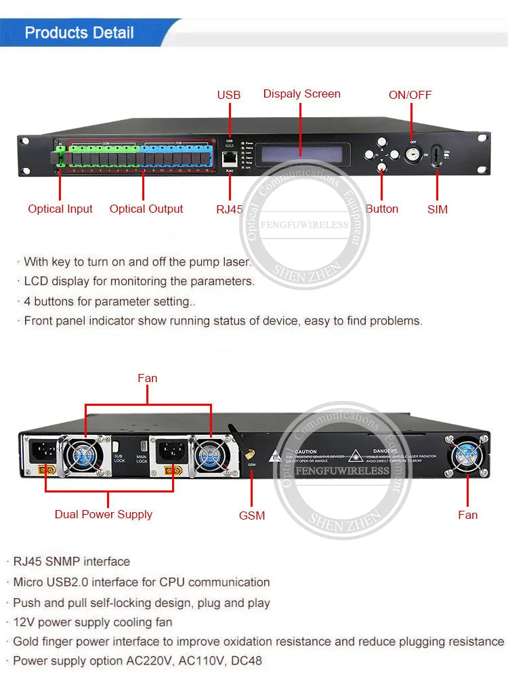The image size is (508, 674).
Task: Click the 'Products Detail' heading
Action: pyautogui.click(x=79, y=33)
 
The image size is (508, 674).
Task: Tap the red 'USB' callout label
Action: pyautogui.click(x=228, y=95)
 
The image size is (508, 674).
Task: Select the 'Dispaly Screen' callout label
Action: pyautogui.click(x=301, y=93)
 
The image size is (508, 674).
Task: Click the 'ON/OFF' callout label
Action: pyautogui.click(x=410, y=95)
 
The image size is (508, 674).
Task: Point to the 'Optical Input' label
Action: pyautogui.click(x=60, y=209)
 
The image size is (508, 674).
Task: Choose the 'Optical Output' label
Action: pyautogui.click(x=146, y=209)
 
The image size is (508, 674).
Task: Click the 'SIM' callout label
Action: pyautogui.click(x=438, y=209)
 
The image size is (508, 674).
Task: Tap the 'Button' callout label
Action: pyautogui.click(x=382, y=209)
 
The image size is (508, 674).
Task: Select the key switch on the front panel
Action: pyautogui.click(x=412, y=152)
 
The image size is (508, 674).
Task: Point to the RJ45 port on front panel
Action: pyautogui.click(x=229, y=159)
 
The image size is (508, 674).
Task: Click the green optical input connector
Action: pyautogui.click(x=60, y=156)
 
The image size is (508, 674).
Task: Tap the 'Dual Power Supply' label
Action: pyautogui.click(x=104, y=514)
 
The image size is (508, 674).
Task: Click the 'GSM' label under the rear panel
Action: pyautogui.click(x=252, y=515)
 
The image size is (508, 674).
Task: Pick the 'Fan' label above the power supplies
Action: pyautogui.click(x=147, y=378)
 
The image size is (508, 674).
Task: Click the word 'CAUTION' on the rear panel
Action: pyautogui.click(x=305, y=451)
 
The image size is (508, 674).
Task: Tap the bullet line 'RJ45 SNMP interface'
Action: pyautogui.click(x=71, y=562)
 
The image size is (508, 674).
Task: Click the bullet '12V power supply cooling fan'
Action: pyautogui.click(x=93, y=622)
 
